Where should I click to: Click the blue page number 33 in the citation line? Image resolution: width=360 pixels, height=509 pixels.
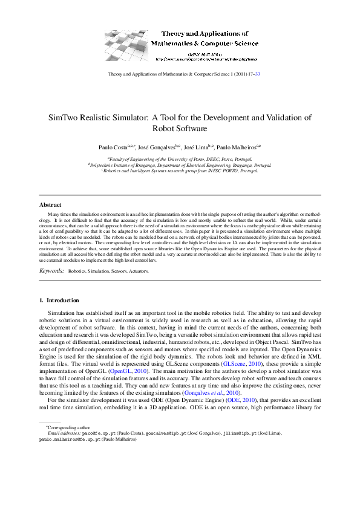(258, 74)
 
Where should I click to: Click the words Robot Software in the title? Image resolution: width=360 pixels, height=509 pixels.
(180, 129)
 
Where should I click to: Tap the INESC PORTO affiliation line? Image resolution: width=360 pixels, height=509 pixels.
(180, 170)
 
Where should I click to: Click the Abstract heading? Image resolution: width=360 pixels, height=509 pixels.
(50, 205)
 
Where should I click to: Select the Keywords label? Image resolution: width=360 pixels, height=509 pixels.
(51, 272)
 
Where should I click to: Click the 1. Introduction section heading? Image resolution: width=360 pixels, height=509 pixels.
(59, 300)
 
